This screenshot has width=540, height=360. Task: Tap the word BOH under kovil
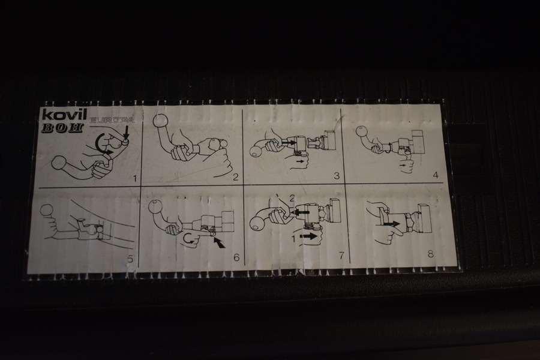click(62, 128)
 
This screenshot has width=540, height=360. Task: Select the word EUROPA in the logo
click(111, 121)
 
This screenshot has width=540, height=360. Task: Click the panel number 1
click(135, 178)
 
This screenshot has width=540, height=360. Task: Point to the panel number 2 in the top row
click(236, 177)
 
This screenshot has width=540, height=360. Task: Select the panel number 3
click(337, 176)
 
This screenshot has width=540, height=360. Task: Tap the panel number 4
click(436, 175)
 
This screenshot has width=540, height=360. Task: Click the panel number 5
click(130, 259)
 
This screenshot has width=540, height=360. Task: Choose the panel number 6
click(236, 257)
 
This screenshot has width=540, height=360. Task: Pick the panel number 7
click(341, 256)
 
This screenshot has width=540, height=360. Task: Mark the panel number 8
click(430, 254)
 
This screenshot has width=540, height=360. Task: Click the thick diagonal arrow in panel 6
click(219, 243)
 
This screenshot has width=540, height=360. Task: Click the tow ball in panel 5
click(47, 210)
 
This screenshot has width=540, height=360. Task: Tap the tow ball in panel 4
click(361, 131)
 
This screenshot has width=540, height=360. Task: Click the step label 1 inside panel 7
click(294, 239)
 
